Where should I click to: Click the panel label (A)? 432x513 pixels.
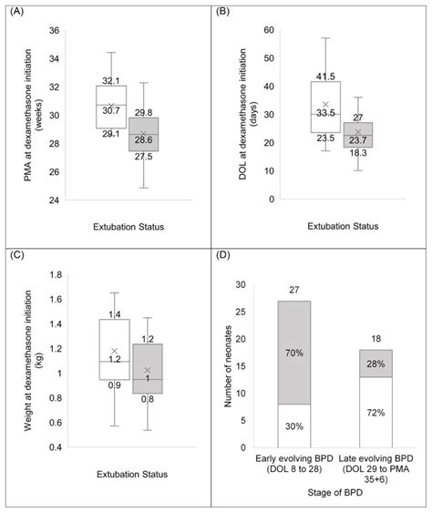17,12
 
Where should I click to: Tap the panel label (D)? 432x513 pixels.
223,255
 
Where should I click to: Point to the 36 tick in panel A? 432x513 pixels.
55,31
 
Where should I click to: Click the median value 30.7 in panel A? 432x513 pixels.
111,110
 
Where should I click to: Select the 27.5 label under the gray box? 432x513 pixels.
143,157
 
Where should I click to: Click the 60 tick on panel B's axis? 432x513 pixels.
269,30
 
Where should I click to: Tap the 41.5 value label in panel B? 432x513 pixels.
325,77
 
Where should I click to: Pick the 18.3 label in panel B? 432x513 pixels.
358,153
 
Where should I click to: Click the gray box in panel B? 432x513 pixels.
358,135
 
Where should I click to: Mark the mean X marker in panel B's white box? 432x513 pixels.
325,105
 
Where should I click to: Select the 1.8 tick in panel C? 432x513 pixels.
56,274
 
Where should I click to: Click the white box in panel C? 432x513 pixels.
115,349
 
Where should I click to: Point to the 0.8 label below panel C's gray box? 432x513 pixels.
148,399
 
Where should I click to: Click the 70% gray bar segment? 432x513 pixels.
294,353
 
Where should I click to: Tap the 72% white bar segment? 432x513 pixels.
376,412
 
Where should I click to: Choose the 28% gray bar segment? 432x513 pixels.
376,364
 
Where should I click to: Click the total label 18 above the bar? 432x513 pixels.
376,339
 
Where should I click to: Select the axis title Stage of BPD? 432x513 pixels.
335,492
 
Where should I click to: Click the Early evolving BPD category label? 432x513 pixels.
294,458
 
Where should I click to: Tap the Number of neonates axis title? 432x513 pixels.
228,366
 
